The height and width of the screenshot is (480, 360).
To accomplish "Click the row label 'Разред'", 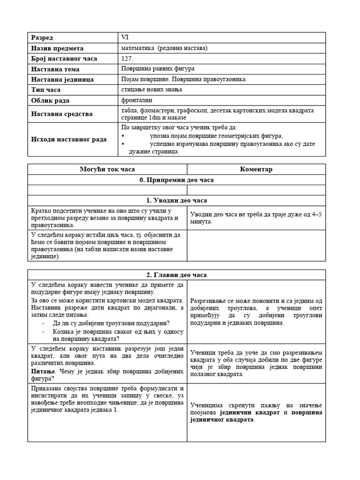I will pyautogui.click(x=42, y=37).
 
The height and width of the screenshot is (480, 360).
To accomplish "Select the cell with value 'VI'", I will pyautogui.click(x=124, y=37).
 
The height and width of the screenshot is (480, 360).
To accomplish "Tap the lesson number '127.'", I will pyautogui.click(x=127, y=59).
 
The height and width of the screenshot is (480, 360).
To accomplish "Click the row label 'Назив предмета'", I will pyautogui.click(x=57, y=48).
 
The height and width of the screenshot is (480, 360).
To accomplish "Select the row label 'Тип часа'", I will pyautogui.click(x=46, y=90).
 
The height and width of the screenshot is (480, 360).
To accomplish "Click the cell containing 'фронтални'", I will pyautogui.click(x=136, y=100).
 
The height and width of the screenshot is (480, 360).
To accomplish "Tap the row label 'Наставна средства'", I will pyautogui.click(x=61, y=114).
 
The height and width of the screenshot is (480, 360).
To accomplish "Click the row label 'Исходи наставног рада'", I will pyautogui.click(x=68, y=139).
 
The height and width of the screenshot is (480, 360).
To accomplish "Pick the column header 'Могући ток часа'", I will pyautogui.click(x=107, y=169).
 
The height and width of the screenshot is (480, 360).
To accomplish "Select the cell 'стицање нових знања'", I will pyautogui.click(x=151, y=90).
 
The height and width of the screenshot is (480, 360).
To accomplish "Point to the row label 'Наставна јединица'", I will pyautogui.click(x=62, y=79).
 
